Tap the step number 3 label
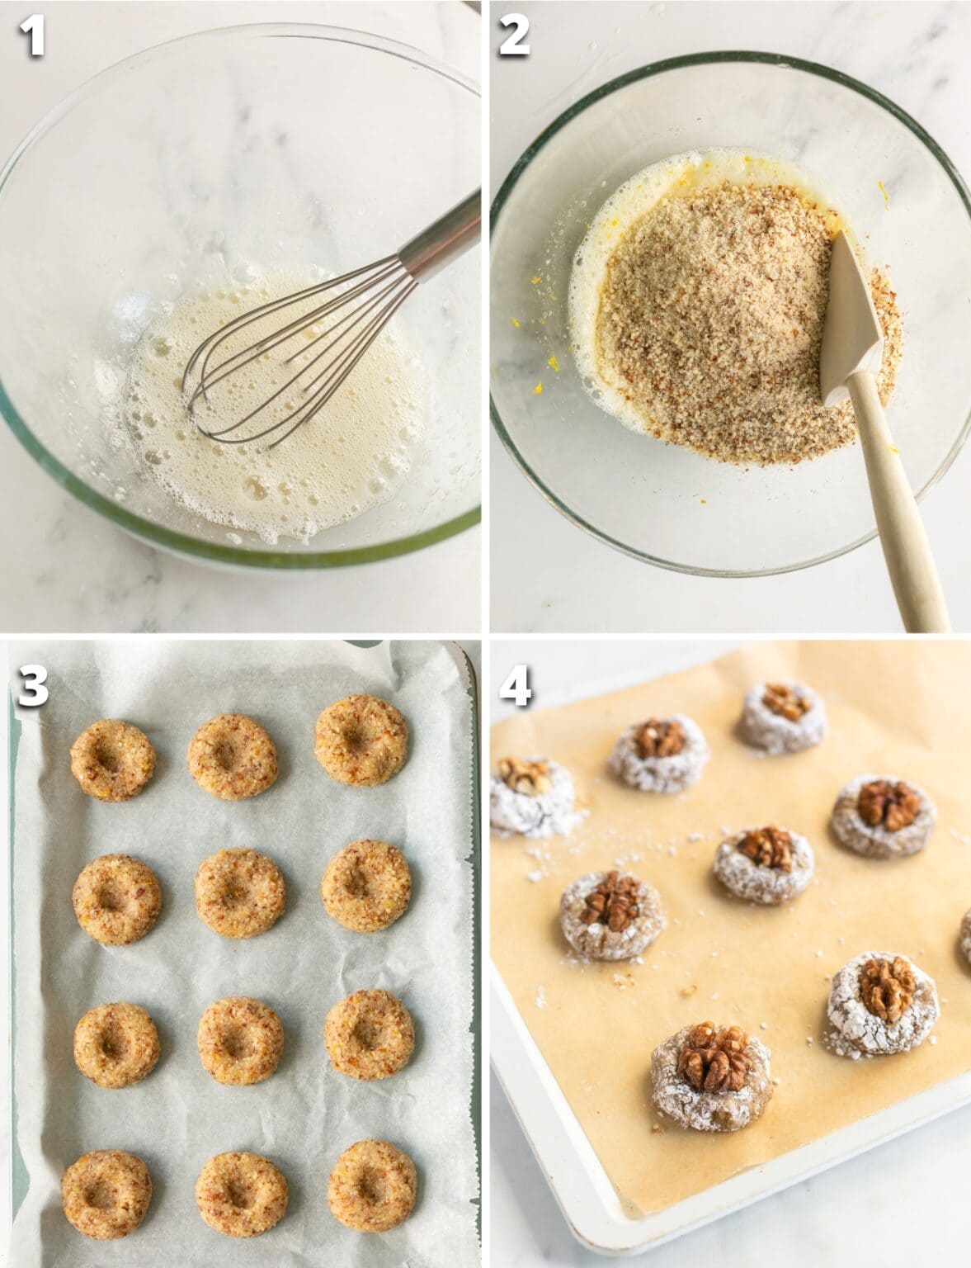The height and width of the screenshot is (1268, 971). pyautogui.click(x=34, y=687)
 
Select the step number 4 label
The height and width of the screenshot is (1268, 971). pyautogui.click(x=515, y=687)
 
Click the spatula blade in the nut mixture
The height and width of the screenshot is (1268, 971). pyautogui.click(x=850, y=322)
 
